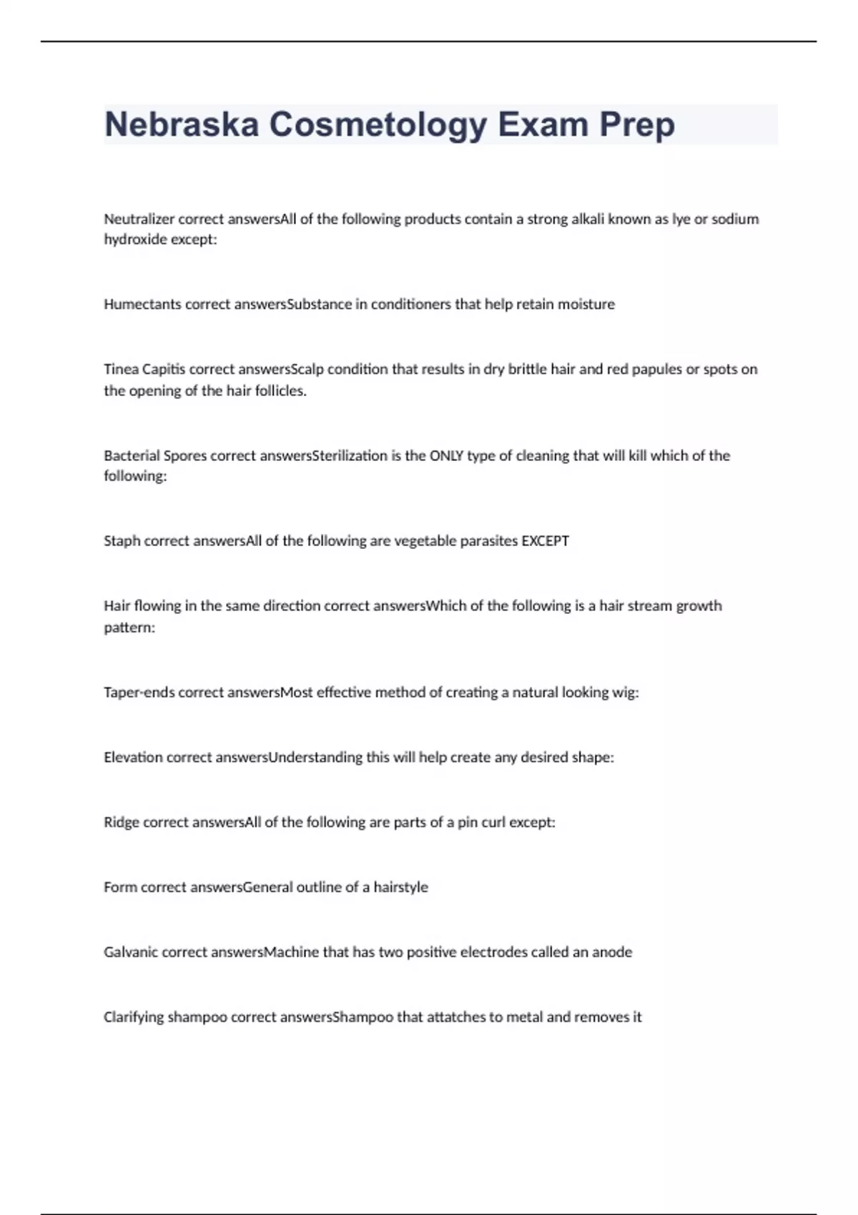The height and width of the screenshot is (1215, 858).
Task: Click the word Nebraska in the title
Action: tap(182, 124)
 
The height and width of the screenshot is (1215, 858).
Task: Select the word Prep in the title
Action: tap(637, 124)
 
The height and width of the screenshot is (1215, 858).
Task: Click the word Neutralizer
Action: tap(139, 219)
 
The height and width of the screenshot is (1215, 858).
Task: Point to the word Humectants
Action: tap(142, 304)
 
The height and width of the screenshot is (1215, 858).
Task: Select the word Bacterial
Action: tap(132, 456)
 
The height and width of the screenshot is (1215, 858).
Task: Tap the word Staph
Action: tap(122, 541)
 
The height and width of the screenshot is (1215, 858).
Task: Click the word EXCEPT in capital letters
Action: tap(545, 541)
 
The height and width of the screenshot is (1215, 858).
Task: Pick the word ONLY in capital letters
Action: tap(446, 456)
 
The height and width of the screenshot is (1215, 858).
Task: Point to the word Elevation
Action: tap(133, 758)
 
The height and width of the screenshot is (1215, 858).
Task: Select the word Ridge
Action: tap(122, 823)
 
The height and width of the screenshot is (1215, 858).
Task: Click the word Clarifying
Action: tap(134, 1017)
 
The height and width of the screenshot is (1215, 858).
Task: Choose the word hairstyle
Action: tap(400, 888)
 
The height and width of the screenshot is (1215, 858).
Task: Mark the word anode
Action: tap(612, 953)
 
